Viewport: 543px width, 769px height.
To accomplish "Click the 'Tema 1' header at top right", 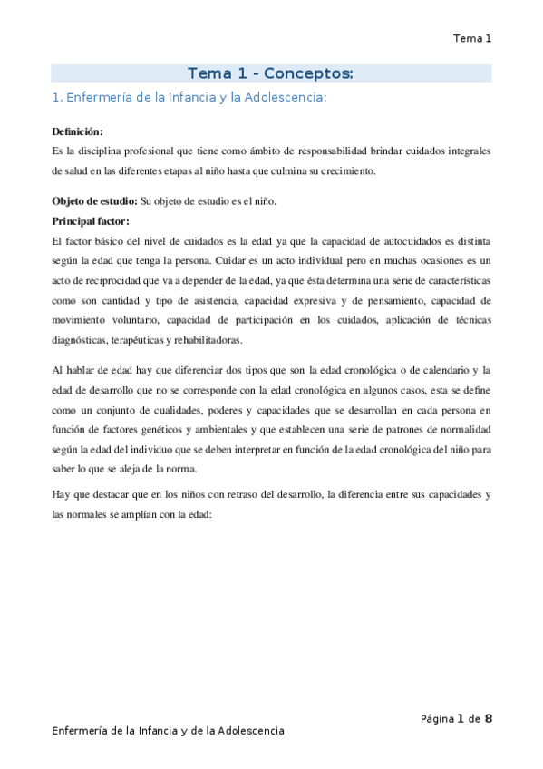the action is point(472,38).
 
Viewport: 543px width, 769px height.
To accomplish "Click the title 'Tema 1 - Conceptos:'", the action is point(270,73).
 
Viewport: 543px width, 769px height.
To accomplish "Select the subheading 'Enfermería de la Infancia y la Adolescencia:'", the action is point(188,97).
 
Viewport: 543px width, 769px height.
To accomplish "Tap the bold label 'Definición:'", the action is point(78,131).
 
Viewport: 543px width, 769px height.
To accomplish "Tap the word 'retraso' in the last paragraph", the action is point(245,496).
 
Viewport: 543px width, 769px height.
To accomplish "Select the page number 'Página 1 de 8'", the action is point(456,719).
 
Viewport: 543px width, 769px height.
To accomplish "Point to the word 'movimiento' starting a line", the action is point(80,320).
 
